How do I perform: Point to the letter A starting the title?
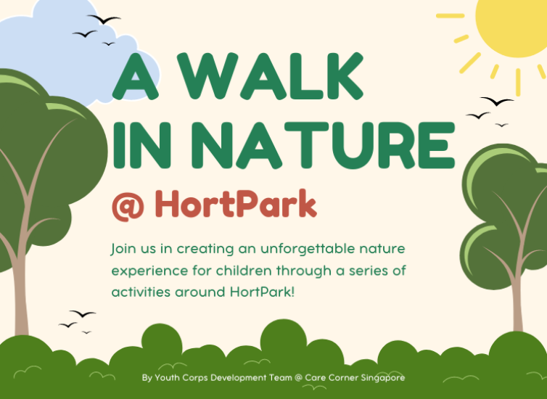pyautogui.click(x=136, y=79)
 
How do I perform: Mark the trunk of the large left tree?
pyautogui.click(x=22, y=276)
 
